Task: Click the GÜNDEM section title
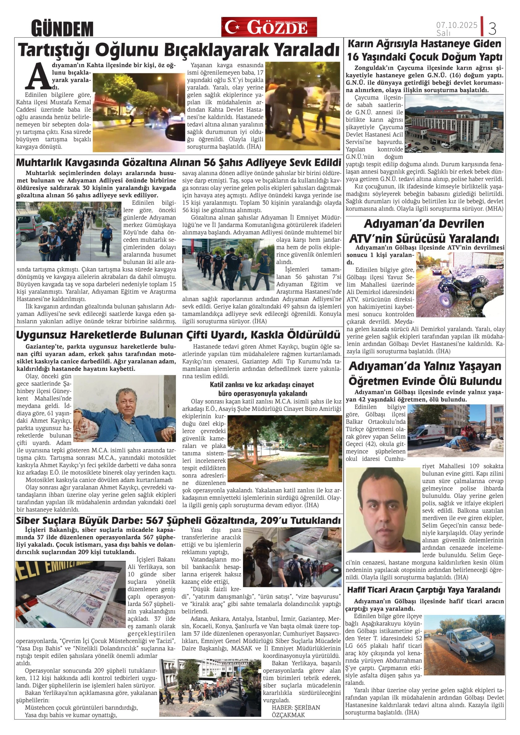[x=62, y=28]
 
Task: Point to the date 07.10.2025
[x=457, y=25]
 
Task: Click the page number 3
[x=492, y=28]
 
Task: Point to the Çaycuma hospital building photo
[x=454, y=124]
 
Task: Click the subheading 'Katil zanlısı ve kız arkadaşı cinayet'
[x=262, y=385]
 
